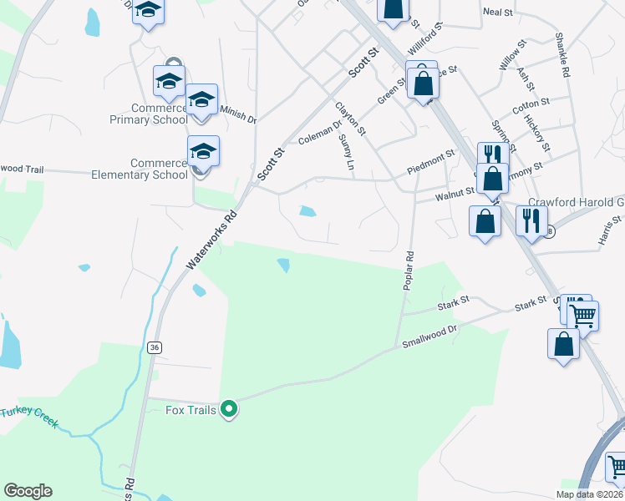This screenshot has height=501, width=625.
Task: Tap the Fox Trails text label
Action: point(191,410)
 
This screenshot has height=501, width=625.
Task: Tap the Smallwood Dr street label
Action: point(430,337)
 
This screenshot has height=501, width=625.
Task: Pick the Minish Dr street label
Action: point(237,114)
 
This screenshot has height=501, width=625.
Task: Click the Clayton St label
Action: point(351,119)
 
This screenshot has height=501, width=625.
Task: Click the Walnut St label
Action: point(455,194)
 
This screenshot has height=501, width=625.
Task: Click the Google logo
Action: point(28,491)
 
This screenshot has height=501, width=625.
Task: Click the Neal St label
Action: point(497,12)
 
